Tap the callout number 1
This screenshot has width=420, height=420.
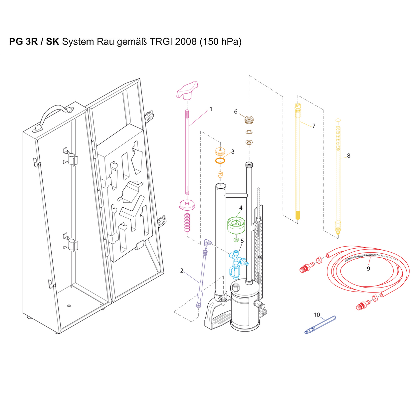click(x=211, y=109)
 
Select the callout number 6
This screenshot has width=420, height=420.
click(x=236, y=111)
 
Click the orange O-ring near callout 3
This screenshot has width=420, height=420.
click(x=220, y=161)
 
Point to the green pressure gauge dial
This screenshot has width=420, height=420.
click(x=236, y=225)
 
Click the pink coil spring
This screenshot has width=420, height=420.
click(x=187, y=222)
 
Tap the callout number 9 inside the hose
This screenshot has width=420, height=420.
click(x=368, y=269)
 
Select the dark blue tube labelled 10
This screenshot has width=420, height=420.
click(x=320, y=325)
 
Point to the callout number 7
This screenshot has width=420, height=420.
click(x=314, y=126)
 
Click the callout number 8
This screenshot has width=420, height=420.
click(x=348, y=156)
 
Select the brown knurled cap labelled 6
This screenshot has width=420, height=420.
click(x=249, y=120)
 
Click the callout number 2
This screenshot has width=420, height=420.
click(x=182, y=271)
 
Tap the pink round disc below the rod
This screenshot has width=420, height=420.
click(x=187, y=205)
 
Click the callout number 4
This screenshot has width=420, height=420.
click(x=241, y=208)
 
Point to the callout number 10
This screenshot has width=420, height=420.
click(x=317, y=315)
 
